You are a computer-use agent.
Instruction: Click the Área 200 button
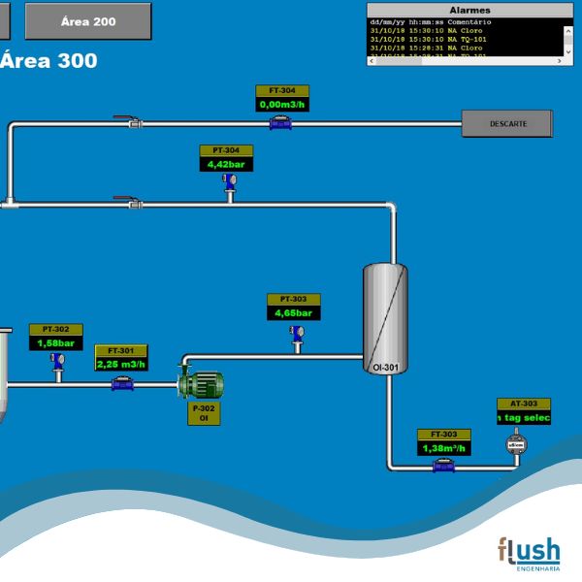pos(88,20)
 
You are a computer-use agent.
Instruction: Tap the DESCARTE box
pos(507,123)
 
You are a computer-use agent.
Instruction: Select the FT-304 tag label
pos(282,91)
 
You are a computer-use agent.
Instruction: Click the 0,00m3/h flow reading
pos(282,104)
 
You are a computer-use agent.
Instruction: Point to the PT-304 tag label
pos(226,151)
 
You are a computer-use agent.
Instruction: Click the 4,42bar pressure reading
pos(226,164)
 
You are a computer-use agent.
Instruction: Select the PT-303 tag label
pos(293,300)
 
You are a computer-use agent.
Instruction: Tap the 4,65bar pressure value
pos(293,313)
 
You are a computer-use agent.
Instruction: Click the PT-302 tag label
pos(56,330)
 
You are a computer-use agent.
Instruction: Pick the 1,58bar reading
pos(56,342)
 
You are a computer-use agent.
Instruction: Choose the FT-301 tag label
pos(121,351)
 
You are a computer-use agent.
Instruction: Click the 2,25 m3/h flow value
pos(121,364)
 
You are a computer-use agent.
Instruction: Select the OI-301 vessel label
pos(385,368)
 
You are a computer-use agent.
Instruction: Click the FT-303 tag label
pos(443,435)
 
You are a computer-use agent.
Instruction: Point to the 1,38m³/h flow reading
pos(443,448)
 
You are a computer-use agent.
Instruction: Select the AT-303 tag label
pos(524,404)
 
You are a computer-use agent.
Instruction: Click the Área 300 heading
pos(48,60)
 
